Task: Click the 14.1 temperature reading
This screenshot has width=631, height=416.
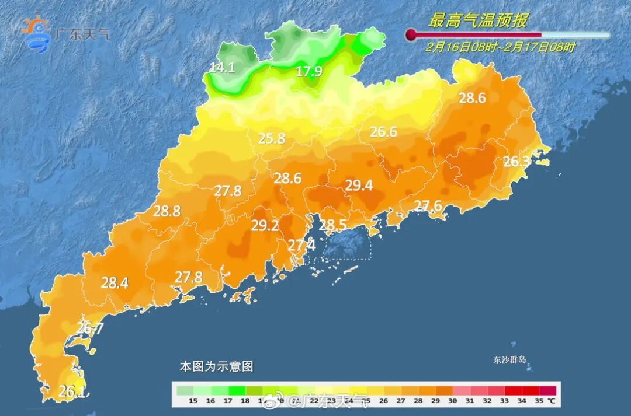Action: click(x=222, y=68)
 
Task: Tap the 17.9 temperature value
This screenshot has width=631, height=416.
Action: click(x=308, y=72)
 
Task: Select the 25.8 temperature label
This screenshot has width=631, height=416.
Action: click(x=272, y=139)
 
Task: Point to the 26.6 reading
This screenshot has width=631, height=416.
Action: click(x=383, y=132)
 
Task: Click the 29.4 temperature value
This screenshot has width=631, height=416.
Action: click(x=359, y=186)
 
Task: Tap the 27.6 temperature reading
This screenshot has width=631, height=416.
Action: click(x=428, y=205)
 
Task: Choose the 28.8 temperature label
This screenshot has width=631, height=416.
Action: click(x=167, y=212)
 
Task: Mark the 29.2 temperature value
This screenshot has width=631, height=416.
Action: click(x=265, y=226)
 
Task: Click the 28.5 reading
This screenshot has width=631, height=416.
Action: click(x=332, y=225)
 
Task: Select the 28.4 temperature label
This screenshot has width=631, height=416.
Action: click(x=115, y=284)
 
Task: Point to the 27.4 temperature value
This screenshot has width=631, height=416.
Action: click(x=301, y=246)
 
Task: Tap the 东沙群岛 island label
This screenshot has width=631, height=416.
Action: click(x=509, y=360)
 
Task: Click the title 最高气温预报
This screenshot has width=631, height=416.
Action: click(x=477, y=21)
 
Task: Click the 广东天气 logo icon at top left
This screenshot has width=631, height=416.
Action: click(x=36, y=34)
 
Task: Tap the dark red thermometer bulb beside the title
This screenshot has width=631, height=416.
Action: click(x=411, y=34)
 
